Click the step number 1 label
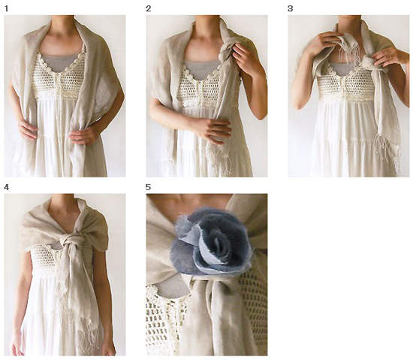(x=6, y=9)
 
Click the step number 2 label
(x=148, y=9)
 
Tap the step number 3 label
(x=290, y=9)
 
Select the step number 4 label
(x=6, y=187)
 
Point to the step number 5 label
(x=148, y=187)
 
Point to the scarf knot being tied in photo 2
(x=227, y=51)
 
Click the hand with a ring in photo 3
(x=387, y=59)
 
